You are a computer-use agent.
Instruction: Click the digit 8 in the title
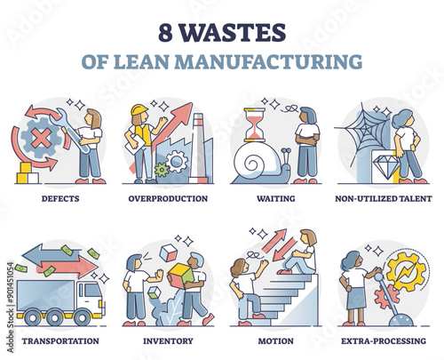click(x=165, y=33)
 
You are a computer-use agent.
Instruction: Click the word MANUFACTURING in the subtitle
click(x=268, y=61)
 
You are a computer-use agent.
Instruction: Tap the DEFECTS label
click(x=60, y=198)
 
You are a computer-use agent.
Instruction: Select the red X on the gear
click(x=41, y=137)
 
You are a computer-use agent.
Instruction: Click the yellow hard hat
click(x=139, y=109)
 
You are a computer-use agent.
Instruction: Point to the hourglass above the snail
click(x=255, y=124)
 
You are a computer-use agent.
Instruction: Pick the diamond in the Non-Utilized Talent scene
click(x=386, y=166)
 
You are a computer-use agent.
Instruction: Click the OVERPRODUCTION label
click(x=168, y=198)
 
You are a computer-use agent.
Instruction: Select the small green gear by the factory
click(x=162, y=170)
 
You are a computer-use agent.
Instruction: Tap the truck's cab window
click(x=92, y=291)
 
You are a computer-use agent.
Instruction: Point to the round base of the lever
click(x=401, y=320)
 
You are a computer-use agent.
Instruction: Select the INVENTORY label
click(x=168, y=341)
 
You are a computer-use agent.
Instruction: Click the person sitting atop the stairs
click(x=298, y=252)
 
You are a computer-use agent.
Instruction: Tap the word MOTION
click(x=275, y=341)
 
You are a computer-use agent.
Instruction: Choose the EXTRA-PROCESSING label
click(x=384, y=341)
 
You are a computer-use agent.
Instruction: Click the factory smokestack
click(x=199, y=148)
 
